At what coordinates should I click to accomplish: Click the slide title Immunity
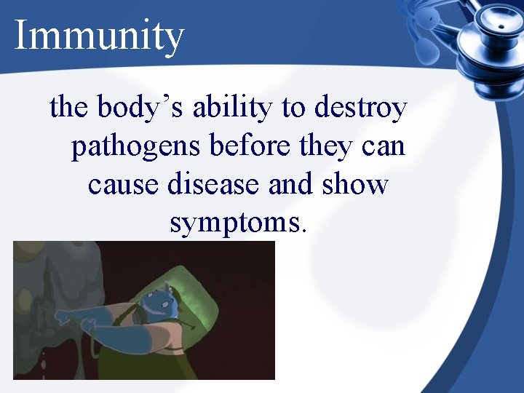point(100,36)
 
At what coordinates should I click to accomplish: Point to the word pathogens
point(136,148)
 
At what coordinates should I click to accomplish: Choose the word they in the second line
point(325,148)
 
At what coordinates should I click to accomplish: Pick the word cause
point(124,185)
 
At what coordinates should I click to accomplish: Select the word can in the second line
point(383,148)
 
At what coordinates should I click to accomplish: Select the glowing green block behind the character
point(218,291)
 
